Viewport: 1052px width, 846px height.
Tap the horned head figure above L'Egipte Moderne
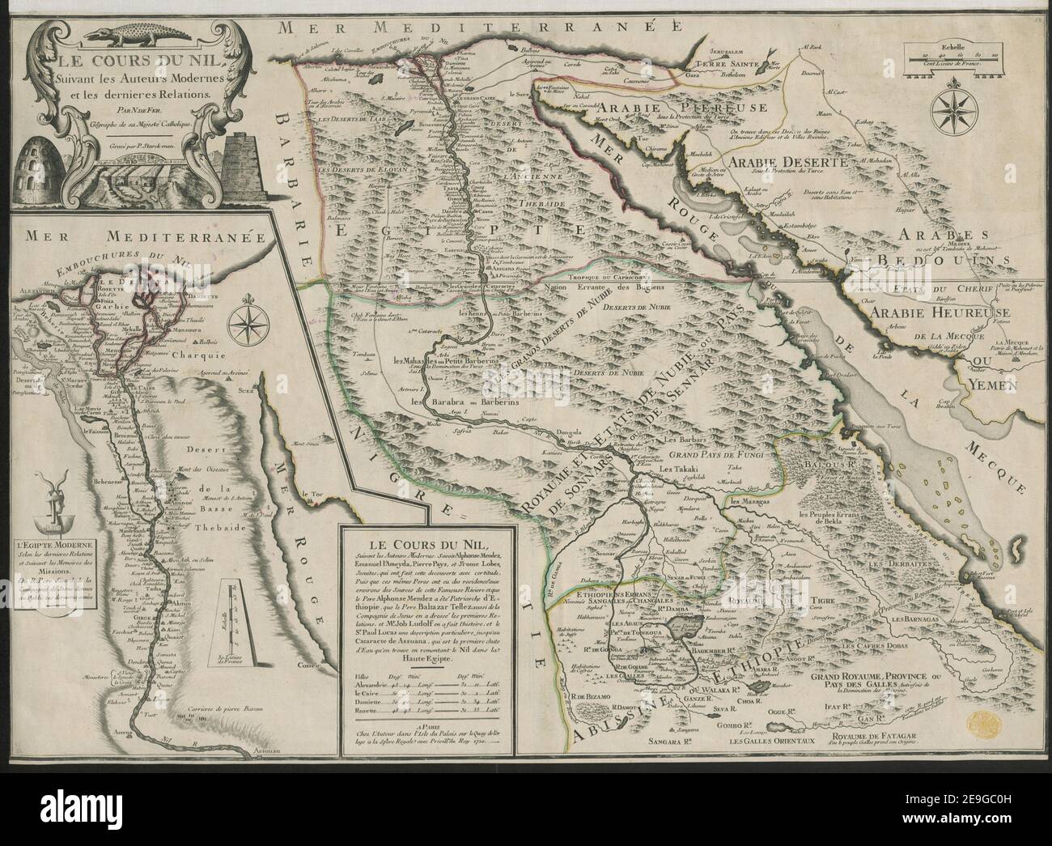point(41,507)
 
